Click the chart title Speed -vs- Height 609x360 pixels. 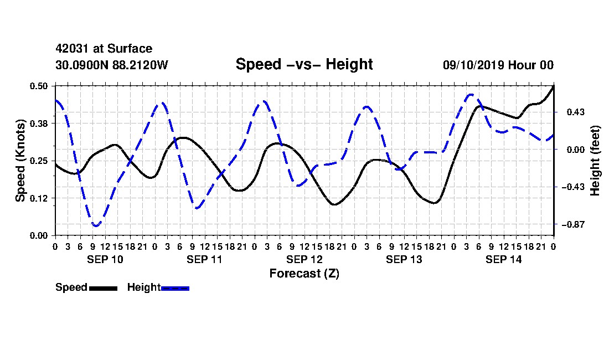tap(304, 64)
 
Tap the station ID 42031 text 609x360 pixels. tap(72, 49)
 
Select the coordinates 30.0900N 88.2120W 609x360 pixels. tap(112, 65)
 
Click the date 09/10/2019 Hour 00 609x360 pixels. tap(498, 65)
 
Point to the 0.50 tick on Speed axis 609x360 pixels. tap(39, 86)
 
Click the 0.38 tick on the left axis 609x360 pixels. tap(39, 124)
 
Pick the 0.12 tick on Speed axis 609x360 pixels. tap(39, 198)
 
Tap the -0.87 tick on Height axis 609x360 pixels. tap(572, 224)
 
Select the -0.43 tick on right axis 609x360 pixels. tap(572, 187)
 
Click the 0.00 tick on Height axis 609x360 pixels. tap(576, 150)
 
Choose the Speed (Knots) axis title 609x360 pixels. tap(20, 161)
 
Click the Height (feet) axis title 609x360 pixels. tap(595, 161)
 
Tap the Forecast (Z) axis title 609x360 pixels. tap(304, 274)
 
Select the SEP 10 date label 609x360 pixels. tap(105, 259)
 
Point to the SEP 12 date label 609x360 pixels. tap(304, 259)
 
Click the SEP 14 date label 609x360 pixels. tap(504, 259)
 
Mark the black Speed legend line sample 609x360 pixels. tap(104, 288)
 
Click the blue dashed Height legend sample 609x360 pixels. tap(175, 288)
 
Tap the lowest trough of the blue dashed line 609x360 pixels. tap(96, 225)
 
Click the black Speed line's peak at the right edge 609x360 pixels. tap(553, 86)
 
